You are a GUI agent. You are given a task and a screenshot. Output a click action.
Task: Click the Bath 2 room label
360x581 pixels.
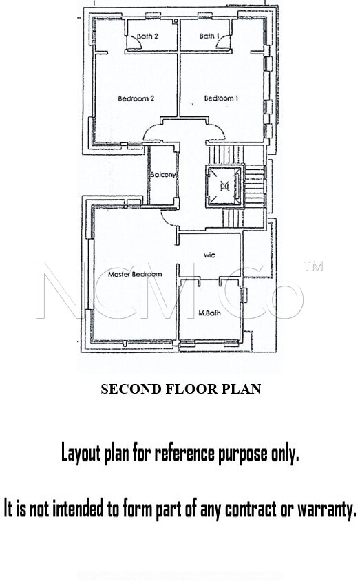(147, 36)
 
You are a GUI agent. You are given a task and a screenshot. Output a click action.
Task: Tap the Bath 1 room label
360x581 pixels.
(209, 36)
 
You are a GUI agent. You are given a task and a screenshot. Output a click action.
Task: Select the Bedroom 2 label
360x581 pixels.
(136, 98)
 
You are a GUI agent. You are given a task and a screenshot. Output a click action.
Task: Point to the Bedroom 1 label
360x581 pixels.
(221, 98)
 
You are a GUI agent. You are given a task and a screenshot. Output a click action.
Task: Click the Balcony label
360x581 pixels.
(163, 175)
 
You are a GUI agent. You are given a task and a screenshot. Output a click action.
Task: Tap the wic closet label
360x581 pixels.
(209, 255)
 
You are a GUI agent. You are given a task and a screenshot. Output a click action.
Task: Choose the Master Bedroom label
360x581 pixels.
(135, 274)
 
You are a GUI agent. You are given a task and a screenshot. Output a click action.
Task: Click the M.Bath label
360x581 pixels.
(209, 313)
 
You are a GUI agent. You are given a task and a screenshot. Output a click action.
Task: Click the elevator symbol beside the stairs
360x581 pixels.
(224, 185)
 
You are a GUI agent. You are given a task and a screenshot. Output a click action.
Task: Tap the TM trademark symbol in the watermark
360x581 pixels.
(313, 266)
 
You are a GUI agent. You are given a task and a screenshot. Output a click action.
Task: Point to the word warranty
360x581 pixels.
(327, 509)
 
